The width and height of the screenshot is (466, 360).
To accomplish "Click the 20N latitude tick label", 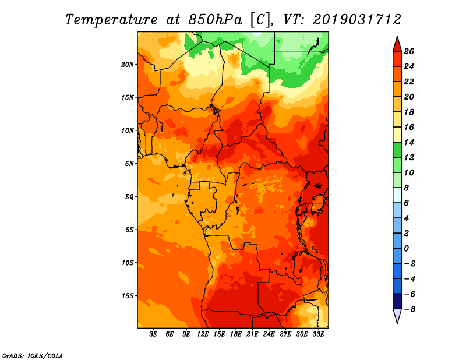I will pos(128,64).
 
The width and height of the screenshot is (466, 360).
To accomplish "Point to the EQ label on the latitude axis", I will pos(129,196).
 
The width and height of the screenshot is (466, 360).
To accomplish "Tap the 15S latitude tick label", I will pos(128,295).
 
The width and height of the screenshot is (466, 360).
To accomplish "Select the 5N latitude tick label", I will pos(130,163).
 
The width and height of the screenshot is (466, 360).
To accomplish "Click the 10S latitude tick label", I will pos(128,263).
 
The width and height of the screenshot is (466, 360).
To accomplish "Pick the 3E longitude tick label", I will pos(154,335).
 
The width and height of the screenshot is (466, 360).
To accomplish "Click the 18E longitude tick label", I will pos(236,335).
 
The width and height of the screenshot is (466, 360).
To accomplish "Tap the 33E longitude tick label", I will pos(318,335).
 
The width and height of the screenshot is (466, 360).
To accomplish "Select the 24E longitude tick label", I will pos(269,335).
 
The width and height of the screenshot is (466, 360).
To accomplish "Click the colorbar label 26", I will pos(408,51).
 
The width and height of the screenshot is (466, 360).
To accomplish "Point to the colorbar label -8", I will pos(408,309).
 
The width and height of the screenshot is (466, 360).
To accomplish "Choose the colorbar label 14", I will pos(408,142).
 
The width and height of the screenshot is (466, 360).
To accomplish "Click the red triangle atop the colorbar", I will pos(396,44).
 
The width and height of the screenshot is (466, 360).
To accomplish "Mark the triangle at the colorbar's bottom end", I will pos(396,316).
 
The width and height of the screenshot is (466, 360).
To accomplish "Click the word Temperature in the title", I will pos(111,19).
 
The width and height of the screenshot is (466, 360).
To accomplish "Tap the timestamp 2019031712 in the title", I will pos(357,19).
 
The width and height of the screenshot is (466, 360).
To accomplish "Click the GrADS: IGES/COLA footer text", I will pos(33,355).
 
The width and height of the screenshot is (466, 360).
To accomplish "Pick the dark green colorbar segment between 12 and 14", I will pos(396,150).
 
